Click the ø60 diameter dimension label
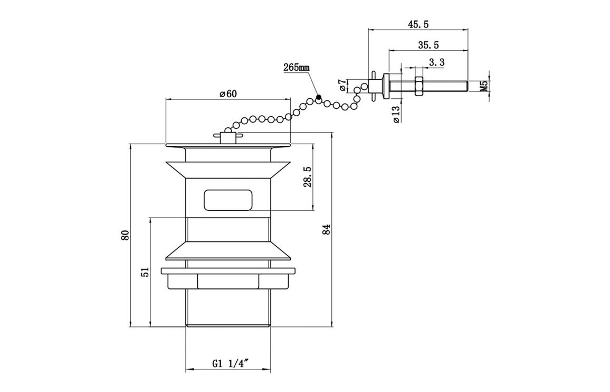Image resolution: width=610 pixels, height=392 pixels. [x=227, y=94]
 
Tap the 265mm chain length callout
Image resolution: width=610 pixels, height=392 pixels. [x=297, y=67]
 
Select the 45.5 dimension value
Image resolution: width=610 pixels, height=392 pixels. [x=418, y=24]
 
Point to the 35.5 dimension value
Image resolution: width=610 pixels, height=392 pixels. [x=428, y=45]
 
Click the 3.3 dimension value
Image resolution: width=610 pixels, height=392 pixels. [x=436, y=62]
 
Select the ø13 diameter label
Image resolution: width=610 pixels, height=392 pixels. [x=396, y=115]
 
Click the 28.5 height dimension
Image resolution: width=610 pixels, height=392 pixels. [x=308, y=176]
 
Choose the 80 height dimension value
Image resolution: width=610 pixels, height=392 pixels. [x=125, y=236]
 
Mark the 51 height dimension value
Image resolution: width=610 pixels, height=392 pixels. [x=146, y=272]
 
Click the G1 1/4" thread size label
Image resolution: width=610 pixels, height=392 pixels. [x=230, y=363]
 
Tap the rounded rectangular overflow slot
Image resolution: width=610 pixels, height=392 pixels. [x=228, y=200]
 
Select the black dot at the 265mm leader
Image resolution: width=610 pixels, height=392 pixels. [x=319, y=97]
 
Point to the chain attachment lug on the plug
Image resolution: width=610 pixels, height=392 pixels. [x=227, y=137]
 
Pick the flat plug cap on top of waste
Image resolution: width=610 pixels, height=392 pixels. [x=228, y=145]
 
